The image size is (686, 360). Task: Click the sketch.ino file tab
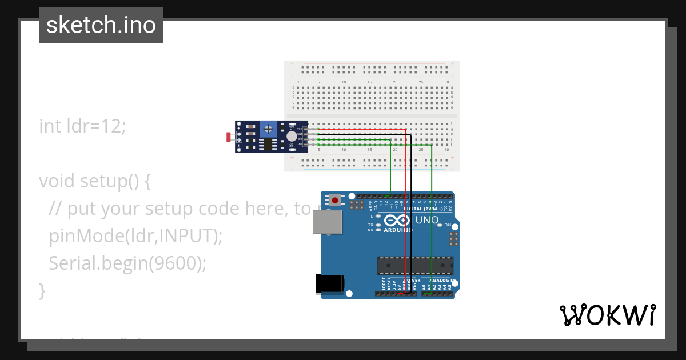(101, 25)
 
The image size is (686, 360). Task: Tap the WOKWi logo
(607, 315)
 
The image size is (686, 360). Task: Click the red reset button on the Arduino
(334, 201)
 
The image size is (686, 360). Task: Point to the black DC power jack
(330, 284)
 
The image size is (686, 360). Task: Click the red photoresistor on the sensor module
(230, 137)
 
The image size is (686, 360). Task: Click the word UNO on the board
(426, 220)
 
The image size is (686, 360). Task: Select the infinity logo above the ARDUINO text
(397, 221)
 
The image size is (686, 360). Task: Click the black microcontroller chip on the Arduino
(414, 266)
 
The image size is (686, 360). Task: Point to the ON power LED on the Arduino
(440, 225)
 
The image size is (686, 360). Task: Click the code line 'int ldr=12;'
(82, 126)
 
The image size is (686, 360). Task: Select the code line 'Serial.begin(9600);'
(127, 263)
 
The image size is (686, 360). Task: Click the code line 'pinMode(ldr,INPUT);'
(135, 235)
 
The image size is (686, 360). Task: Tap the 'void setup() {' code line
(94, 181)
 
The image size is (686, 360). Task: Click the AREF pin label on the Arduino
(370, 204)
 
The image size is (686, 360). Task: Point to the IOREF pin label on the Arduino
(383, 285)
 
